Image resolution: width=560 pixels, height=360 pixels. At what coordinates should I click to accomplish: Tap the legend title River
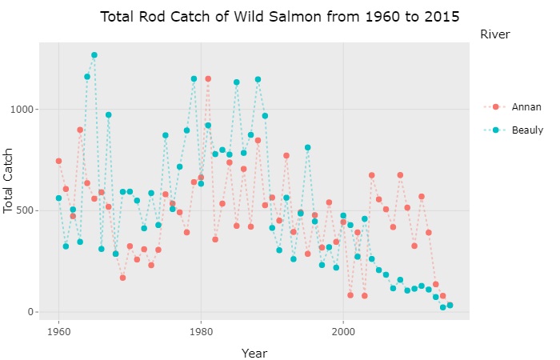click(495, 34)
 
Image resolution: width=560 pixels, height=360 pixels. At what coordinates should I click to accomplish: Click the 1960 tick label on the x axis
click(58, 330)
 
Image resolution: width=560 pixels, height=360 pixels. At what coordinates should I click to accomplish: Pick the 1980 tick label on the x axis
click(201, 330)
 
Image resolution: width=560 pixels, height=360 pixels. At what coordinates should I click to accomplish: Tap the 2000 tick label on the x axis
click(343, 330)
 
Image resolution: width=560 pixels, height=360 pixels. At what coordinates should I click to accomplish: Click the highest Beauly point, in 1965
click(94, 55)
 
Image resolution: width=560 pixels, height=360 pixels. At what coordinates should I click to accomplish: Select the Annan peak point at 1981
click(208, 78)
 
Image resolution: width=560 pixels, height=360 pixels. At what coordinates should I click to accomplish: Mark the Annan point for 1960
click(58, 161)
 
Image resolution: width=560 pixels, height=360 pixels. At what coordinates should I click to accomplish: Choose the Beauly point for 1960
click(58, 198)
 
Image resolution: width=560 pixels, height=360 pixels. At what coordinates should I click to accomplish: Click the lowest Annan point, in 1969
click(122, 278)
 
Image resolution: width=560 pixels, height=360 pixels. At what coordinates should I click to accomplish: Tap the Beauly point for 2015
click(450, 306)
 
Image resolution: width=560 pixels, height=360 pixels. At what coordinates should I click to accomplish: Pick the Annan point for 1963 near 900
click(80, 130)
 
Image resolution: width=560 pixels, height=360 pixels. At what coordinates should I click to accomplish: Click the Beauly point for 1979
click(194, 78)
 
